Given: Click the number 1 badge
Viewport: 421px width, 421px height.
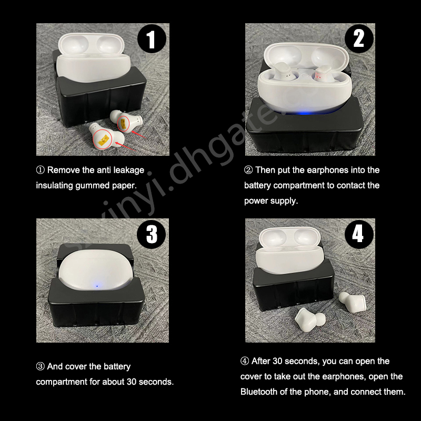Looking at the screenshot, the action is (152, 38).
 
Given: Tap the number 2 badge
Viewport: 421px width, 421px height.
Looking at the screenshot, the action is (359, 38).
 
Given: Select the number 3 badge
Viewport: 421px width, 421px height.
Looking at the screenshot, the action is (152, 234).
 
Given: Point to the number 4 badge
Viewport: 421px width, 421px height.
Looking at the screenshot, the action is (359, 234).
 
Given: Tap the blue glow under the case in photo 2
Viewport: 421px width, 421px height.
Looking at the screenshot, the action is (304, 113).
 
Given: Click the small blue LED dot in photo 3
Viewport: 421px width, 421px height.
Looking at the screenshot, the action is (97, 286).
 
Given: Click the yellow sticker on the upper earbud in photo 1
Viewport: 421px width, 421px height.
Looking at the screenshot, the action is (124, 123).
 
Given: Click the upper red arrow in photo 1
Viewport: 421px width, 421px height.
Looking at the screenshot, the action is (138, 134).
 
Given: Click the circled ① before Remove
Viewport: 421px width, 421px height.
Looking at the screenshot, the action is (41, 170).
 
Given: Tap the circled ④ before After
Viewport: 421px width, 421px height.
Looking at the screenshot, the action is (245, 361).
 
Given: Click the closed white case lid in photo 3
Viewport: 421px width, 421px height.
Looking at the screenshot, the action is (96, 269).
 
